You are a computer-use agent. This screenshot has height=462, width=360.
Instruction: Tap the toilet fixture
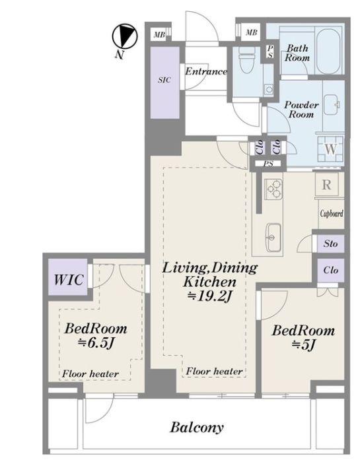[247, 60]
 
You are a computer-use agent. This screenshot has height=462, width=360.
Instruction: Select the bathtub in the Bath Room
[328, 51]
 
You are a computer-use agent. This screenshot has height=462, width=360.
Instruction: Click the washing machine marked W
[330, 149]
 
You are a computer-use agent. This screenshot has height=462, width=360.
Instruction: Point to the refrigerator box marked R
[326, 185]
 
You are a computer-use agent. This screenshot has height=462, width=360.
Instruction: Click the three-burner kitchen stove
[273, 189]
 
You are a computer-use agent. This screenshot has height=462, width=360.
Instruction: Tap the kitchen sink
[273, 237]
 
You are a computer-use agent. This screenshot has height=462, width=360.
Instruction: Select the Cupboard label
[332, 213]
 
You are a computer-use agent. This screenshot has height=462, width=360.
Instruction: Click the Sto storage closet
[330, 244]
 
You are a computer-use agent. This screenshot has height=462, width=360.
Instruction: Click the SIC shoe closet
[165, 82]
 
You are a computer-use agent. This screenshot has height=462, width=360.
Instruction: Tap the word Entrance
[206, 71]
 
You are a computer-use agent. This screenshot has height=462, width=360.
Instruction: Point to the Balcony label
[197, 427]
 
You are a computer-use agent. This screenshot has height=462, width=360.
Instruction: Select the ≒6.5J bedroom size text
[96, 343]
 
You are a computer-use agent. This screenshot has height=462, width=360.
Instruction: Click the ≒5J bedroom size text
[304, 344]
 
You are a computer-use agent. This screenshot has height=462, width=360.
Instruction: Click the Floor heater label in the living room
[215, 371]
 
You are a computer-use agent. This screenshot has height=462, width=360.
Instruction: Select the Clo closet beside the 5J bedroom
[330, 270]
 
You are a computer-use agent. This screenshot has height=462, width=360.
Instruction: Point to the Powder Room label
[301, 110]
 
